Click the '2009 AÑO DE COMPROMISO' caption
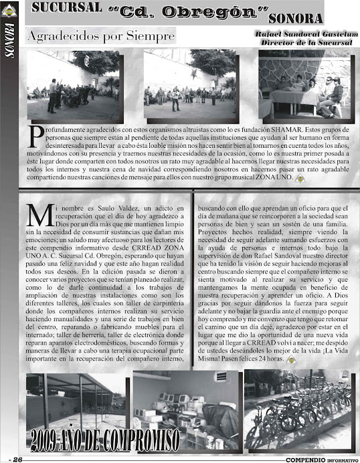(104, 440)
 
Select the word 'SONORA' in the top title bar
(298, 16)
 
